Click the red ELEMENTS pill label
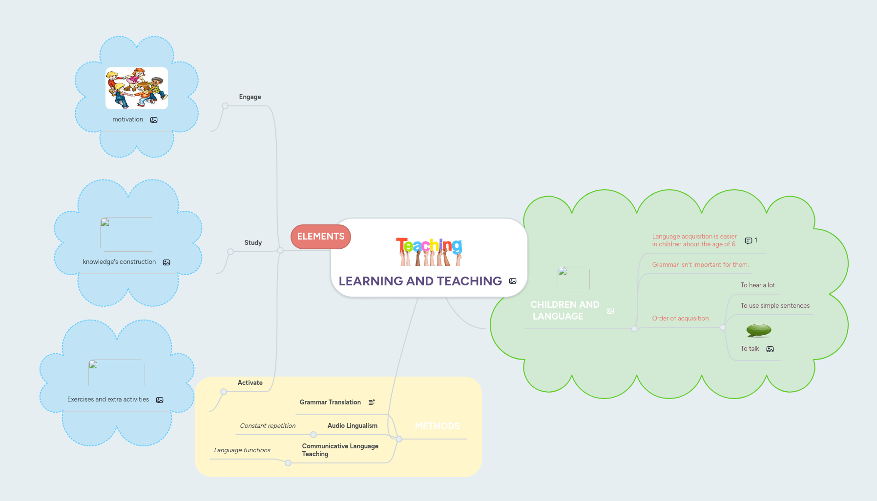click(321, 237)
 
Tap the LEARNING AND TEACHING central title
click(420, 281)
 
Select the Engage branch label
click(250, 97)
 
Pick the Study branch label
click(253, 243)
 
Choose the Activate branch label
click(250, 383)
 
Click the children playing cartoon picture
click(137, 88)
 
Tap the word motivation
click(127, 120)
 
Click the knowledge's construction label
click(119, 262)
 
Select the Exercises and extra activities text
click(108, 400)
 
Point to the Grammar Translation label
click(330, 402)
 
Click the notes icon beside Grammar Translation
click(372, 402)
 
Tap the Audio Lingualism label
click(352, 426)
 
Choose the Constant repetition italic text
click(268, 426)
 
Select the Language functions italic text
click(242, 450)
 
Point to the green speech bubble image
click(758, 330)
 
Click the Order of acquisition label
click(680, 319)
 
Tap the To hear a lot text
click(757, 285)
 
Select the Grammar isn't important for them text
click(700, 265)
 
